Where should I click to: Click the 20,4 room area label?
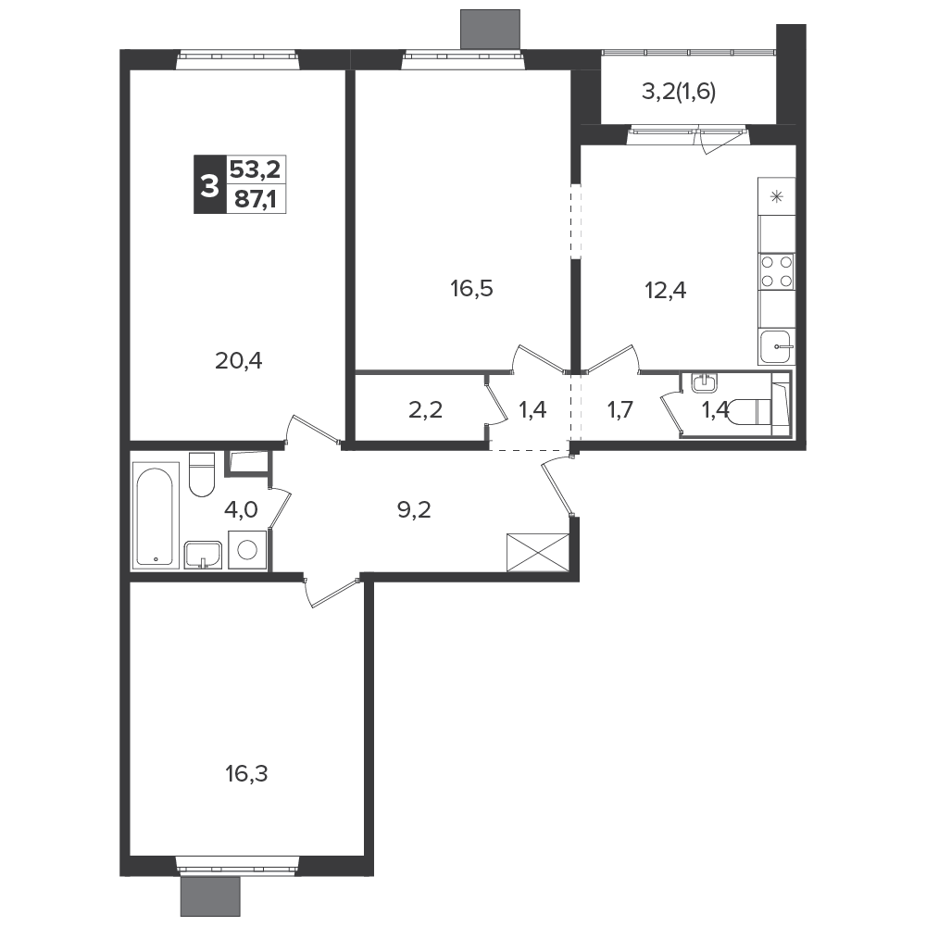[239, 360]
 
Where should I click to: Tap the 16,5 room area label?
[471, 289]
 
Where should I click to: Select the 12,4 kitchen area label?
[666, 291]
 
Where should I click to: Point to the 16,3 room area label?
[247, 773]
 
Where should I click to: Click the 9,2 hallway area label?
[414, 509]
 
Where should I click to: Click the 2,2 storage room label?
[425, 409]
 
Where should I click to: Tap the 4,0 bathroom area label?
[241, 509]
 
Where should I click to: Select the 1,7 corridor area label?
[620, 409]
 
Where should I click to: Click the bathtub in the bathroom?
[156, 516]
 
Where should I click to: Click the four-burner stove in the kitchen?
[776, 271]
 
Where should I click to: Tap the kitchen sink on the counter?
[776, 346]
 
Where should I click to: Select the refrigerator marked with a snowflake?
[777, 196]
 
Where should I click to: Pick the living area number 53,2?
[256, 169]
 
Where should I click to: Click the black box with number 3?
[209, 184]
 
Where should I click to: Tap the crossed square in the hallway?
[538, 553]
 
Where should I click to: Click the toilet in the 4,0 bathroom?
[202, 474]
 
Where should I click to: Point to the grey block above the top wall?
[490, 29]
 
